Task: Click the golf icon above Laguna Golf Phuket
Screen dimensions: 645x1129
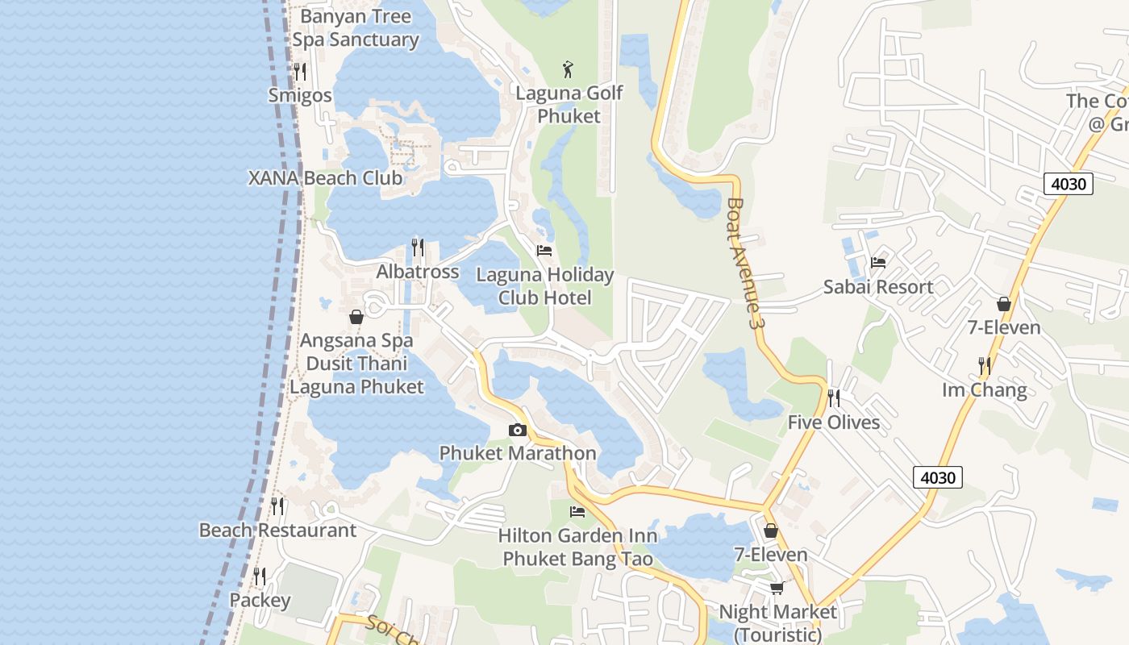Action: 569,69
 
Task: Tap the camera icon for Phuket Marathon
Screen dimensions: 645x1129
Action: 518,431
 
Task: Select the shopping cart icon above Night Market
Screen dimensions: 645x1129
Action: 777,588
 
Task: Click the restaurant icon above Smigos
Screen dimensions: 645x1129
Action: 300,72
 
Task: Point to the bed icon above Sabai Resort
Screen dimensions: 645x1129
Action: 878,263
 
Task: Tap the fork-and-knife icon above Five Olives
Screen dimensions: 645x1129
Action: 834,398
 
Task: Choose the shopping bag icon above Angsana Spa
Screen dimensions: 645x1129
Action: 356,317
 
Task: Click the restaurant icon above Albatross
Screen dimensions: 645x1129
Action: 418,248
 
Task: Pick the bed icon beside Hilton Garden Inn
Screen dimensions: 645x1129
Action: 577,511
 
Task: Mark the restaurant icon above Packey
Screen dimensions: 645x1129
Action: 260,576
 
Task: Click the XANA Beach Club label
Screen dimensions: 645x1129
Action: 325,178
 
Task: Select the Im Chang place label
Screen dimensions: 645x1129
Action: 985,390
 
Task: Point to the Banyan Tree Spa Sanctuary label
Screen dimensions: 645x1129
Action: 356,28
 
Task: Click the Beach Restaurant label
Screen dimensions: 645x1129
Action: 277,531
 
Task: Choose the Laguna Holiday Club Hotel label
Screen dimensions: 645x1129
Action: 545,286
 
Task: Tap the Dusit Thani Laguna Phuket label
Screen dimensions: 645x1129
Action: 356,375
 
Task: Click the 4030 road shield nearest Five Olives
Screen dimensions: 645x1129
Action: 939,477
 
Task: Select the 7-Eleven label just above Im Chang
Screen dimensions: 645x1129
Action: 1004,328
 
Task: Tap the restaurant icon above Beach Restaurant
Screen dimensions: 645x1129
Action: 277,506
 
